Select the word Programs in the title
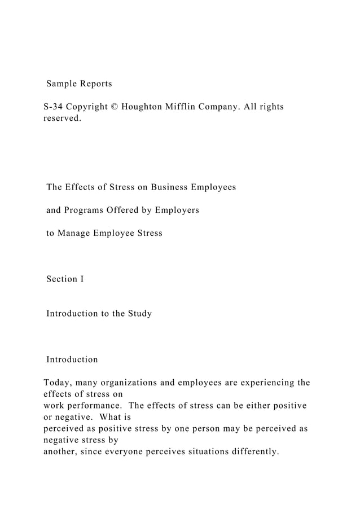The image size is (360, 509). point(84,210)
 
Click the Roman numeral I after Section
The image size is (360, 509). point(82,279)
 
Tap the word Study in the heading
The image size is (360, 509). point(139,313)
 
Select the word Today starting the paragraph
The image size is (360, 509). point(56,383)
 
